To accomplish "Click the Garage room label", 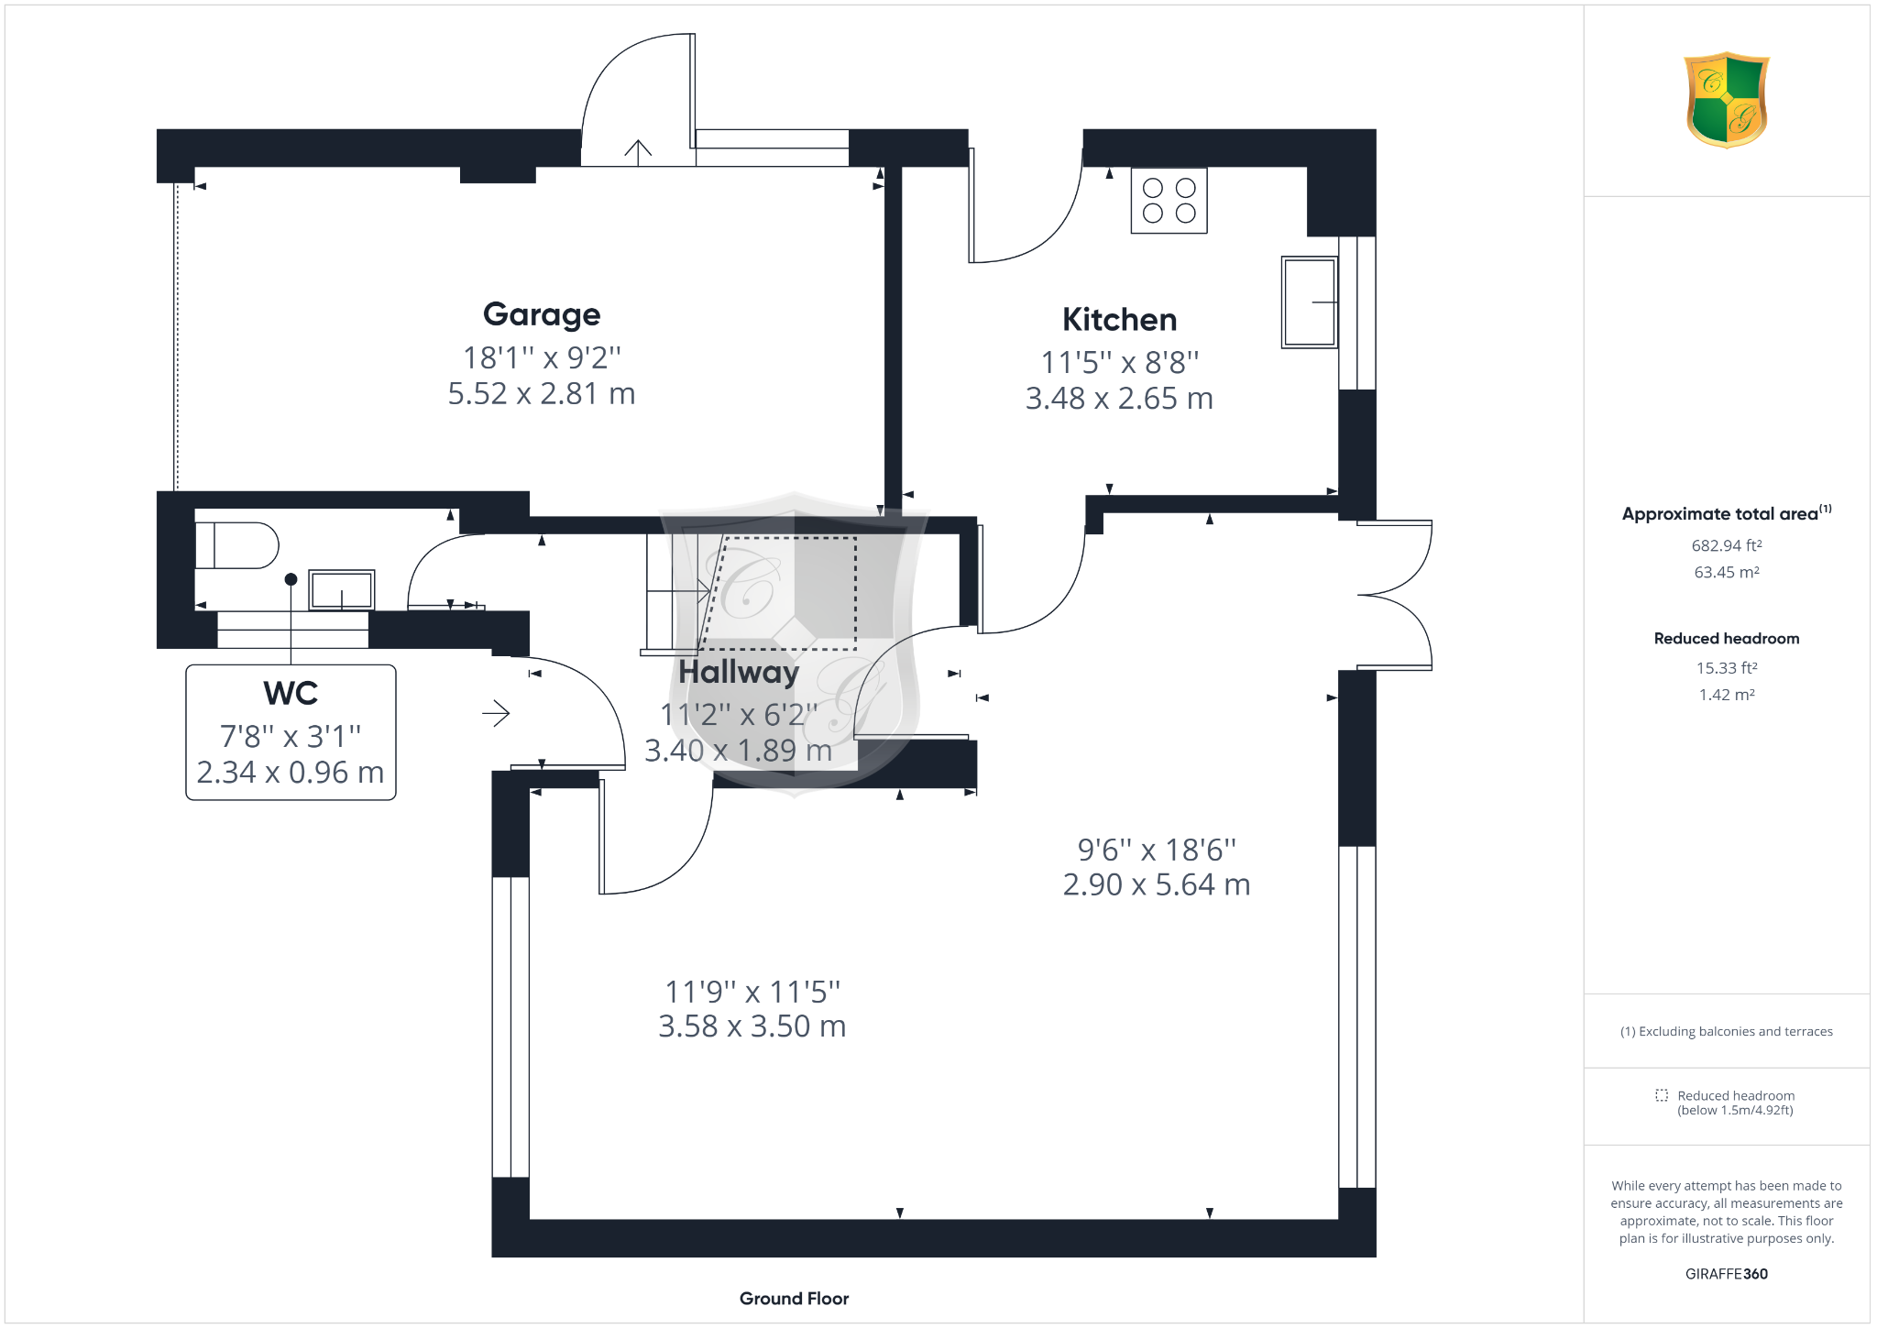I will [x=542, y=314].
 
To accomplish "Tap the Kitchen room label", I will [x=1119, y=320].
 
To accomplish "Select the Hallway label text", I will [x=739, y=672].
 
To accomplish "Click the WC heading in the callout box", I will [x=291, y=693].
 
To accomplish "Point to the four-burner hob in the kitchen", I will [x=1169, y=201].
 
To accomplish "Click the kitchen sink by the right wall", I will [x=1309, y=302].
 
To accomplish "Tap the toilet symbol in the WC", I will [x=236, y=545].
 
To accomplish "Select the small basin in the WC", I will [x=341, y=590].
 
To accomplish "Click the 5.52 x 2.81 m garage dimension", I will [x=542, y=394].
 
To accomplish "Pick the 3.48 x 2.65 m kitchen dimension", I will [x=1119, y=399].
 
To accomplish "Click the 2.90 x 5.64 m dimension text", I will [x=1157, y=885].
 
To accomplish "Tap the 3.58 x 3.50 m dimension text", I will [x=752, y=1026].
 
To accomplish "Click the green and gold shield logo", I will [x=1727, y=100].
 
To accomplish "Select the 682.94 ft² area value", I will [x=1727, y=545].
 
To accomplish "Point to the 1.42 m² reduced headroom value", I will [x=1727, y=695].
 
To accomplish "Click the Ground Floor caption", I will [x=794, y=1299].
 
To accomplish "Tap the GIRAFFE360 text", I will [x=1727, y=1274].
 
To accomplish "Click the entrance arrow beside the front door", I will [x=496, y=713].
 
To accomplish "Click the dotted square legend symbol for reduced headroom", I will [x=1661, y=1095].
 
